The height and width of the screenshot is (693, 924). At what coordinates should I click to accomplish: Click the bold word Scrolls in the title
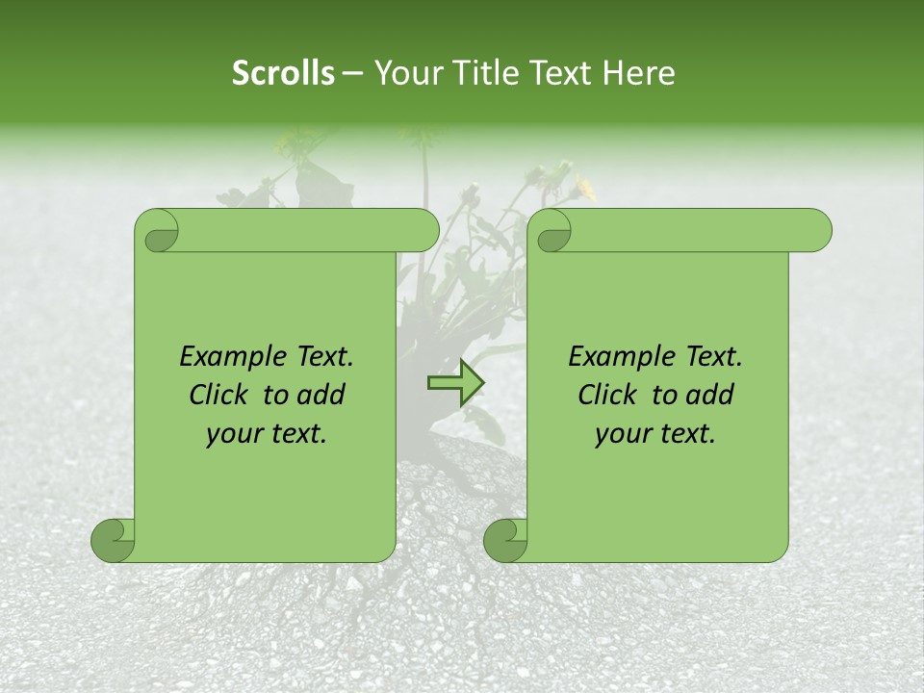click(283, 73)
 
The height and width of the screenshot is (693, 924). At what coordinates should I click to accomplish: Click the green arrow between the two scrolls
click(455, 384)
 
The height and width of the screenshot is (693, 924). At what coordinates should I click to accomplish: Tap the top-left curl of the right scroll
click(552, 232)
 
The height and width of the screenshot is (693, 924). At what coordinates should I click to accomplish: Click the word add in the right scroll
click(711, 395)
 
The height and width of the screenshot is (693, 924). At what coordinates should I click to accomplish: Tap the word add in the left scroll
click(322, 395)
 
